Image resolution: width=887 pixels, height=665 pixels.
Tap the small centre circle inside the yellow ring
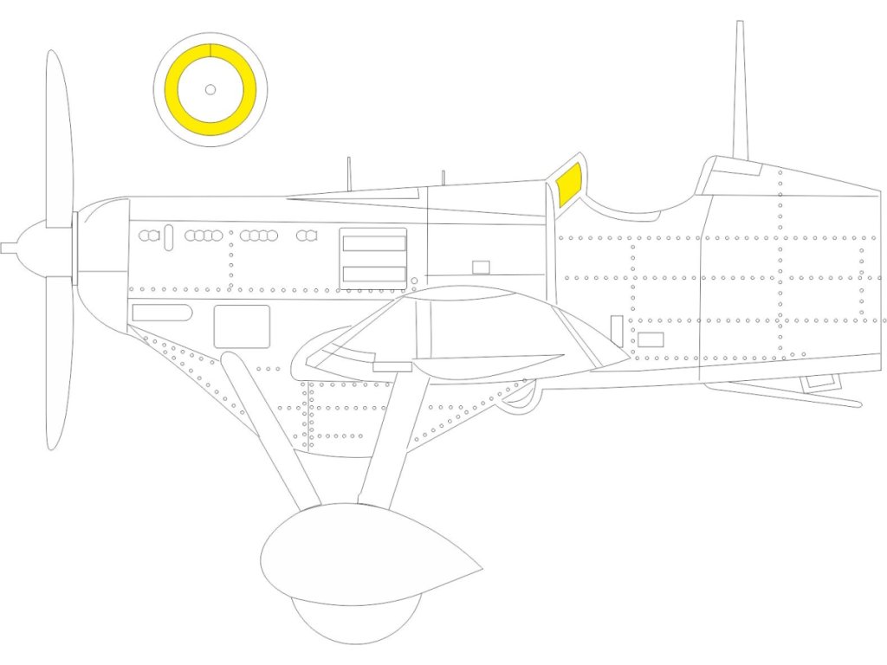pos(210,89)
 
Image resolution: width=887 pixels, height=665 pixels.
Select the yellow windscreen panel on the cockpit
pos(569,187)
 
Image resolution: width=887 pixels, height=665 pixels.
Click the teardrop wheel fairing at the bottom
pos(364,554)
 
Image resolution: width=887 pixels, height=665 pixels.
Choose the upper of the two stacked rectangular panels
pos(374,243)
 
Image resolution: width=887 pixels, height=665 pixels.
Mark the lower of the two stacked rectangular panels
pos(374,274)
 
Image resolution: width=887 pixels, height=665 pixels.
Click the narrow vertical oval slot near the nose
pos(168,236)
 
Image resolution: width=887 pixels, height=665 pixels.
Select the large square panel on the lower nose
pos(242,326)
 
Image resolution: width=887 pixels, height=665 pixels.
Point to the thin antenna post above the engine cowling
pos(348,173)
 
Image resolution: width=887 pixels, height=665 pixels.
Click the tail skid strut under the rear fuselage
pos(780,394)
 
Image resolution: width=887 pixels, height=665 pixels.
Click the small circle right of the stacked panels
pos(414,281)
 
